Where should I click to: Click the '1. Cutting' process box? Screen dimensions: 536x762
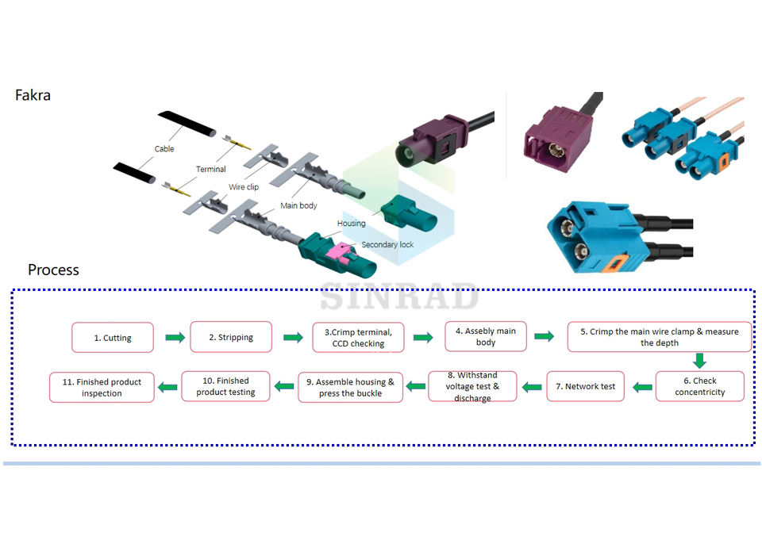(x=113, y=338)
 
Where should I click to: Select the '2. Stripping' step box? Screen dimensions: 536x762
(x=231, y=337)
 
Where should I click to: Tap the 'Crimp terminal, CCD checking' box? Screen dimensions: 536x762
(x=358, y=338)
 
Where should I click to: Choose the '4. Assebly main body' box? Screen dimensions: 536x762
(x=486, y=336)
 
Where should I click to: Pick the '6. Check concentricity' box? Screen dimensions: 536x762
(x=699, y=386)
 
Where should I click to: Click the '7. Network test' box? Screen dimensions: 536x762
(x=586, y=386)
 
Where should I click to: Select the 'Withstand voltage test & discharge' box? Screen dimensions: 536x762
(x=473, y=386)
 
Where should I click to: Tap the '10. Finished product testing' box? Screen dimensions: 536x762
(x=225, y=386)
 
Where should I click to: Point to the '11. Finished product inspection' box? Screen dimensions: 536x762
(x=102, y=387)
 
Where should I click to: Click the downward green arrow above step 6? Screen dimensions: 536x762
(x=699, y=361)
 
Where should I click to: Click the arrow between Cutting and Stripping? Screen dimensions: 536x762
(x=175, y=338)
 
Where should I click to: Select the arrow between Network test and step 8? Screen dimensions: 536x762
(x=533, y=387)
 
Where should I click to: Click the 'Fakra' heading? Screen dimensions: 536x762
(x=33, y=95)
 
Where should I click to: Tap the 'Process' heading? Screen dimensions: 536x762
(x=53, y=270)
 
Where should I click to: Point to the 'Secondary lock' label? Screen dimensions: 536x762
(x=387, y=244)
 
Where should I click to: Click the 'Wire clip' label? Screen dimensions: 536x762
(x=243, y=187)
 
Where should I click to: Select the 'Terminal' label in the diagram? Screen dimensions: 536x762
(x=210, y=169)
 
